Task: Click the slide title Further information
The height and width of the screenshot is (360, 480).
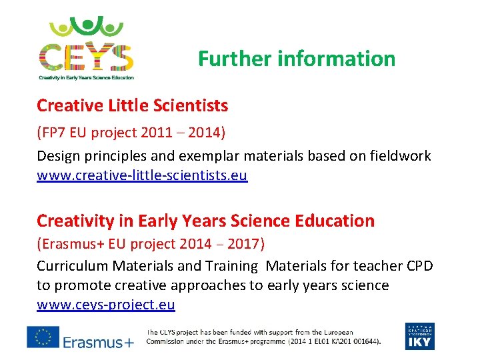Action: [297, 59]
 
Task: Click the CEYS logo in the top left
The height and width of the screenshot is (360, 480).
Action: [86, 48]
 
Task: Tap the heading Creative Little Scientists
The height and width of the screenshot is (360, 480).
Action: [132, 105]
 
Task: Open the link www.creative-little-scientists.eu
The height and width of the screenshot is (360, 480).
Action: [142, 176]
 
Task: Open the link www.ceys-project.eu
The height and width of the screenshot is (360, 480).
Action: [106, 305]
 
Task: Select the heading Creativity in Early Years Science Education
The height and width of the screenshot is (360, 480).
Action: [205, 221]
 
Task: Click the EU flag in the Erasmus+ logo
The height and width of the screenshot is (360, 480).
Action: [43, 337]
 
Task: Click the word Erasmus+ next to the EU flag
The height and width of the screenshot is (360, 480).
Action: [98, 342]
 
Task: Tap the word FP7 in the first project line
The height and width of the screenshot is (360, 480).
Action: [55, 132]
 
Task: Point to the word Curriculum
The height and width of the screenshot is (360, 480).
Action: [72, 266]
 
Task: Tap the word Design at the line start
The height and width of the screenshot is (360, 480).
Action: [57, 156]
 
